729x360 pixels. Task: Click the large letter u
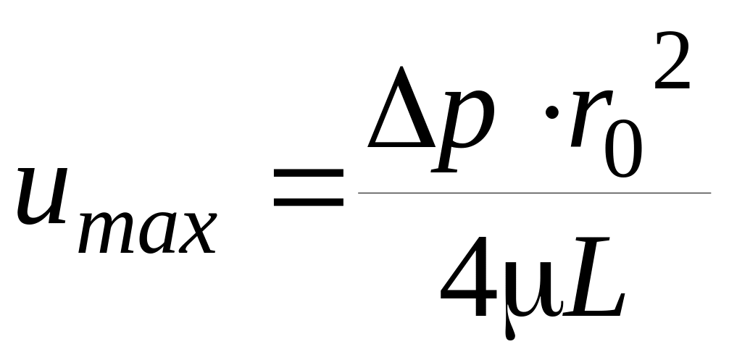(44, 193)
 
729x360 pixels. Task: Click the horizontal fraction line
(534, 193)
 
